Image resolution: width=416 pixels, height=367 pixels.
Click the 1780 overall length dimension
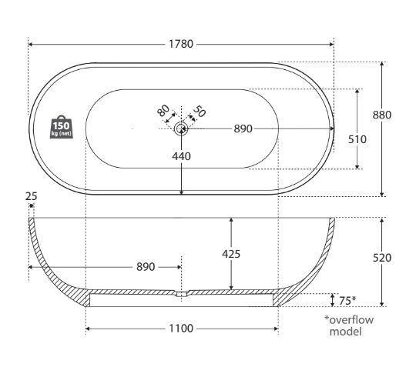click(x=181, y=44)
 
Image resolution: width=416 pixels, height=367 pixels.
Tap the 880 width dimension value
click(x=382, y=115)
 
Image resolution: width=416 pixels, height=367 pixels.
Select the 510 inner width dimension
click(x=357, y=139)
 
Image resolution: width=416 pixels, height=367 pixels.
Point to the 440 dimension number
click(x=181, y=156)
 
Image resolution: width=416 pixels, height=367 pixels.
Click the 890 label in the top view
click(x=243, y=129)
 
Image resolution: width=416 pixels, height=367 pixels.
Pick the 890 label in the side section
click(x=146, y=267)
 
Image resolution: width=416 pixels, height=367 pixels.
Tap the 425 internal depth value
click(x=231, y=254)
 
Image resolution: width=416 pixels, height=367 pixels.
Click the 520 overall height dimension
click(x=382, y=258)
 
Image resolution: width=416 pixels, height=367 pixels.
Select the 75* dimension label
click(x=347, y=301)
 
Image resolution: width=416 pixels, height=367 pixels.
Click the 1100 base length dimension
click(x=181, y=329)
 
